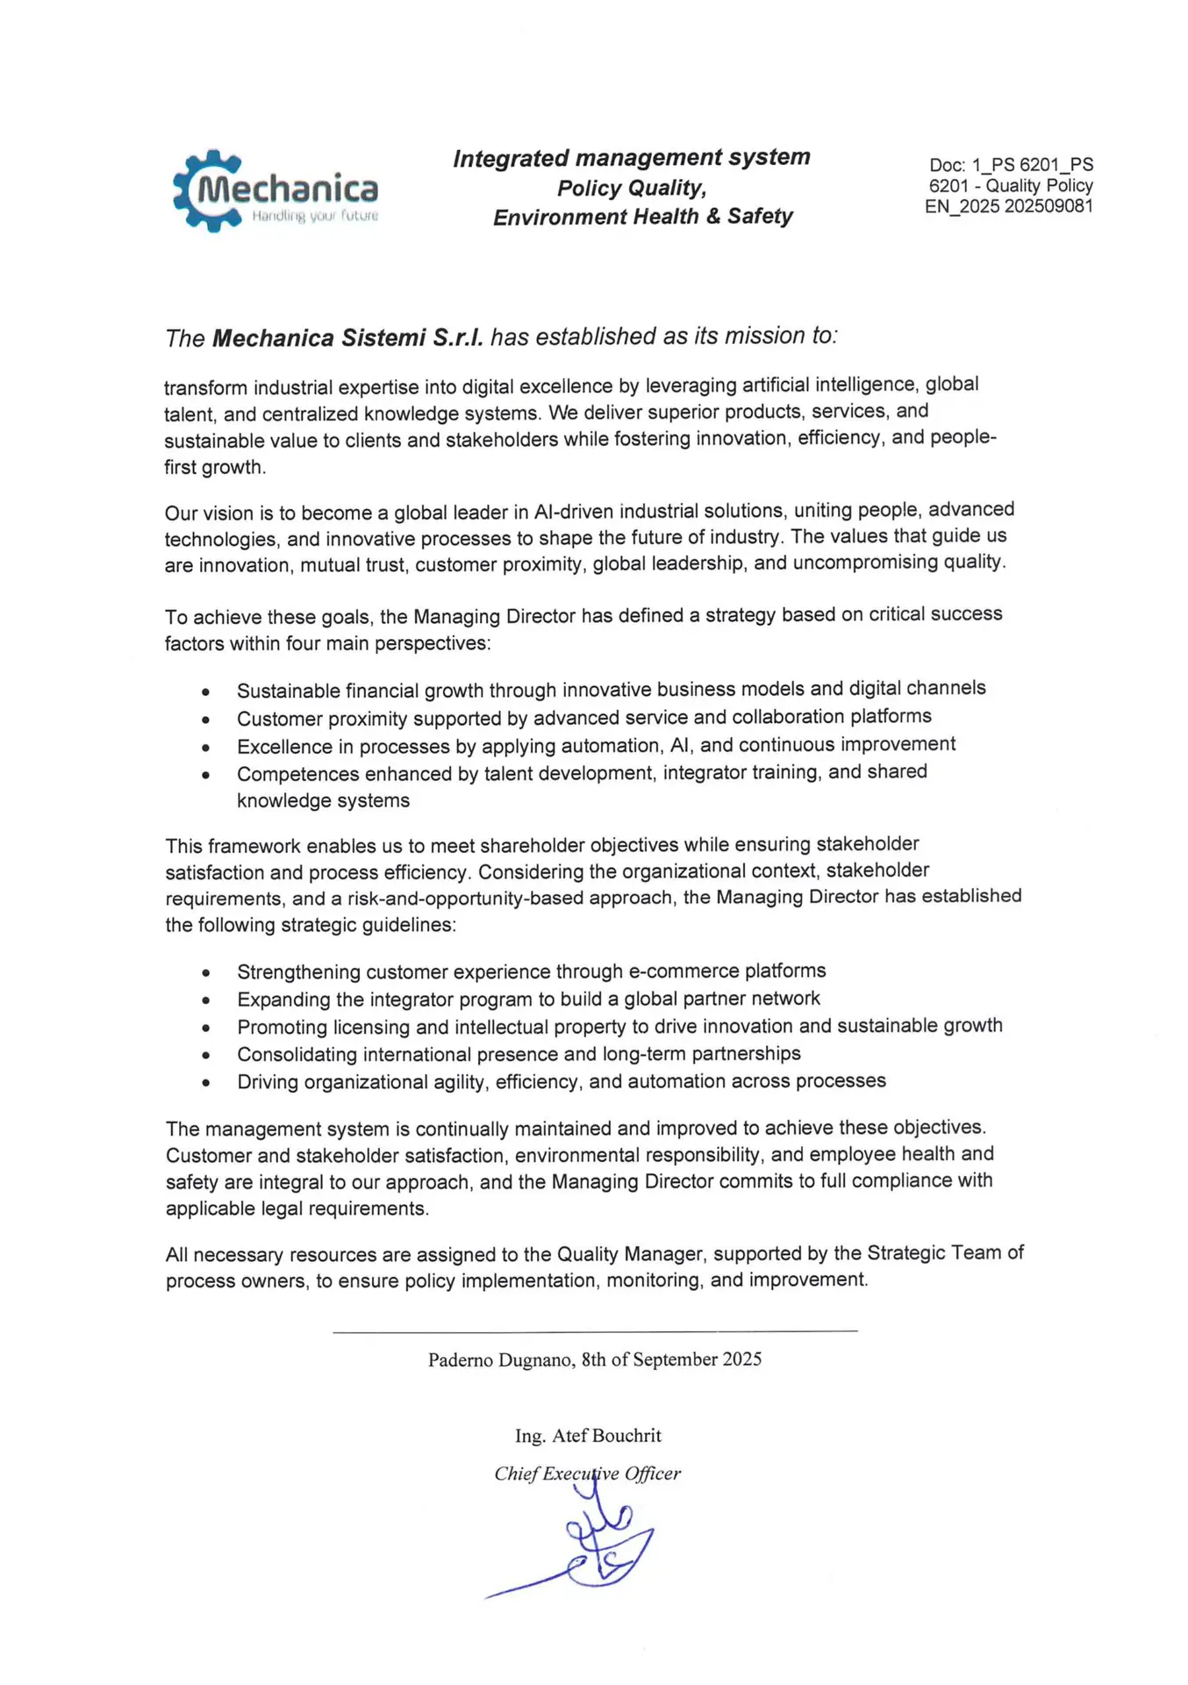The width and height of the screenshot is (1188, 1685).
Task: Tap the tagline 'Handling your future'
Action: [x=314, y=216]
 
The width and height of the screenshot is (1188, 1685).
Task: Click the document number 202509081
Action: [x=1049, y=206]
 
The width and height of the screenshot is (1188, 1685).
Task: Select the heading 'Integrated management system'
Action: [x=631, y=158]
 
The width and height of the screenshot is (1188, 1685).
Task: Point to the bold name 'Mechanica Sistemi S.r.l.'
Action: [x=347, y=338]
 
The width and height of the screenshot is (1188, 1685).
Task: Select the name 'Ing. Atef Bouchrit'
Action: [x=588, y=1436]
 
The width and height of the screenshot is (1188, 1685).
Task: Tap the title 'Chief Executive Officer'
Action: [x=587, y=1473]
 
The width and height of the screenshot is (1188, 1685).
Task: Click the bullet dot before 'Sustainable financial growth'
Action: [x=205, y=692]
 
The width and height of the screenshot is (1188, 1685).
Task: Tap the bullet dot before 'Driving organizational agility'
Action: [x=205, y=1083]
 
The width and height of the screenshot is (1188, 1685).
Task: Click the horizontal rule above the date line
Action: [x=595, y=1332]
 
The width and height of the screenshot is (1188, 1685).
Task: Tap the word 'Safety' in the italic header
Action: [x=760, y=217]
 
